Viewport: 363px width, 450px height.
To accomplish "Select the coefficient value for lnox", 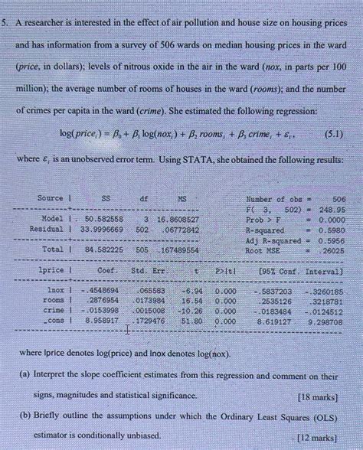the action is tap(101, 292).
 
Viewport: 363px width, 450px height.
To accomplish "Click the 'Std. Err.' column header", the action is tap(149, 270).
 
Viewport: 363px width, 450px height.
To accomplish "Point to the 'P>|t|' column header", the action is tap(226, 270).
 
